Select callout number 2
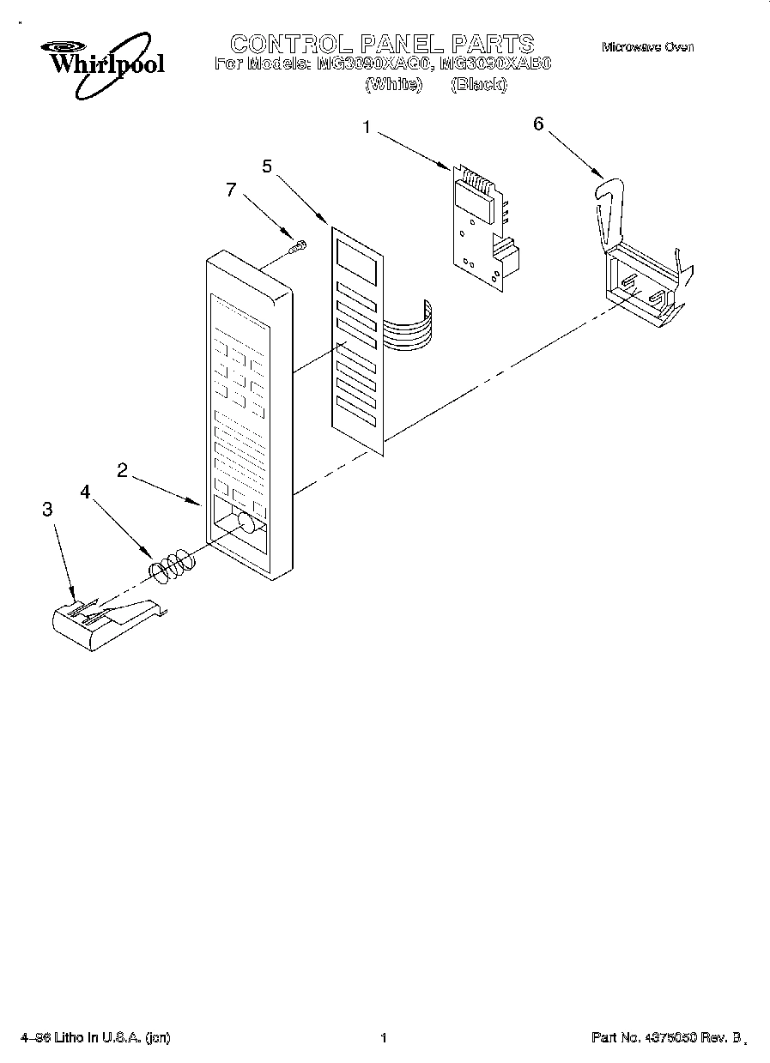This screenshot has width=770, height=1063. [123, 469]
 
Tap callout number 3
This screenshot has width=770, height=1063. [47, 509]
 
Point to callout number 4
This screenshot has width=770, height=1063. [86, 492]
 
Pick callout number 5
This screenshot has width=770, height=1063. [267, 166]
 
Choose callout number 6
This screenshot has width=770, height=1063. [538, 124]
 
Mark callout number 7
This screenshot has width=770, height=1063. [230, 190]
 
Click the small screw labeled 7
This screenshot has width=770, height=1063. [298, 248]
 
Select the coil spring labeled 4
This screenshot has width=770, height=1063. [171, 565]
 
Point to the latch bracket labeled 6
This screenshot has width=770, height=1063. [640, 266]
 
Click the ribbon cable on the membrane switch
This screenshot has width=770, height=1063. [408, 326]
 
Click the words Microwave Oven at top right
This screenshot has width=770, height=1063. [647, 47]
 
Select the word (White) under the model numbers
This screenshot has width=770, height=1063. [394, 84]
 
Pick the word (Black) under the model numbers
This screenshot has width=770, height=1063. [479, 84]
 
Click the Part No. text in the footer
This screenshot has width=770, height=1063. [665, 1038]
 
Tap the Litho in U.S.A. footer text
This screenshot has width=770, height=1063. [95, 1038]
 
